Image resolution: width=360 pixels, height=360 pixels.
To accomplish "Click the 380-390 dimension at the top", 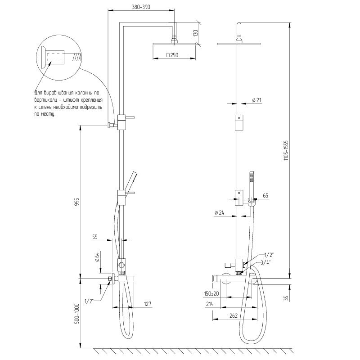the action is click(141, 7).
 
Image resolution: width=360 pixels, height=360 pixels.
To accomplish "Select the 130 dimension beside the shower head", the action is click(195, 33).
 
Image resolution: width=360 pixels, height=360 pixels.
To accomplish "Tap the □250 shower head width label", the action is click(172, 55).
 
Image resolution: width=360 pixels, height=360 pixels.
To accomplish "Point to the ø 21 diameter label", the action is click(256, 100).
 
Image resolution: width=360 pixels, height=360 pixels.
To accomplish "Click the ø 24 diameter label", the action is click(219, 212).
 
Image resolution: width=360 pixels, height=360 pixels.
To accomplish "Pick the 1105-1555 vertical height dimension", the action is click(286, 150).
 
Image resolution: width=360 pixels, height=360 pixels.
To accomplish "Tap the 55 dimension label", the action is click(95, 237).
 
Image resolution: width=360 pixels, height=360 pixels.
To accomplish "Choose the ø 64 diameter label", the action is click(97, 257).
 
